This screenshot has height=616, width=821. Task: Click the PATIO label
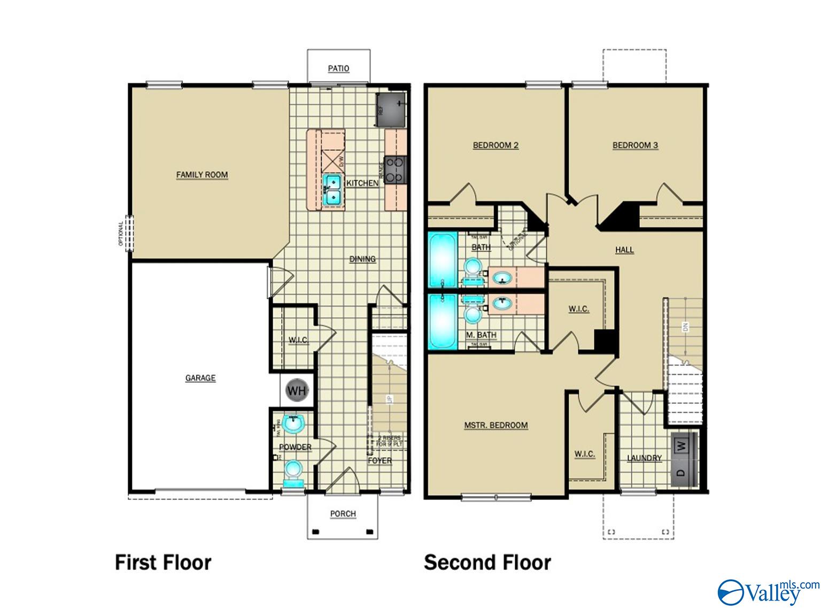coord(338,68)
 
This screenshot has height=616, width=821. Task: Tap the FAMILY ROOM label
coord(202,175)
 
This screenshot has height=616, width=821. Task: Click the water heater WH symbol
coord(297,390)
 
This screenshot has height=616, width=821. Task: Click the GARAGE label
coord(200,378)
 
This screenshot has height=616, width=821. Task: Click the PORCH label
coord(343,514)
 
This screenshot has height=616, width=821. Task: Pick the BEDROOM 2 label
coord(495,145)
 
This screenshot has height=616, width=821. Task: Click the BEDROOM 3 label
coord(635,145)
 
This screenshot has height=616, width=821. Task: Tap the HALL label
coord(624,250)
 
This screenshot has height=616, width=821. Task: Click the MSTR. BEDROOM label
coord(495,425)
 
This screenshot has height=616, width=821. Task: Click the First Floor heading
coord(163,563)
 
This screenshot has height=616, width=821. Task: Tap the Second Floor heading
coord(487,563)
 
